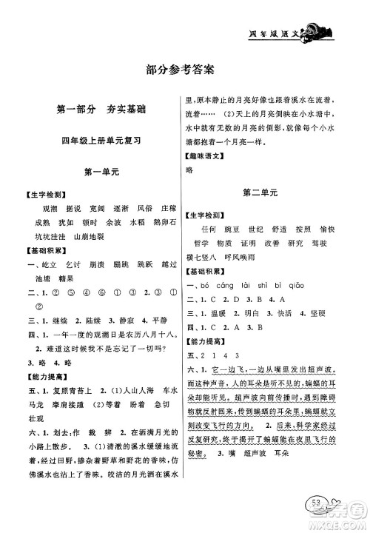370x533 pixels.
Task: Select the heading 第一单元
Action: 99,171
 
